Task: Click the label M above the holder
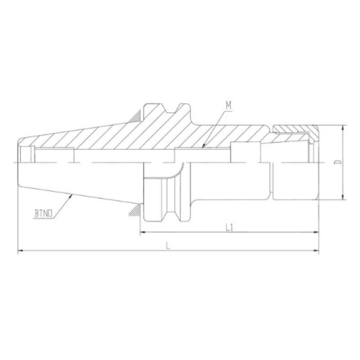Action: tap(229, 106)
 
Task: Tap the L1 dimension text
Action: tap(229, 228)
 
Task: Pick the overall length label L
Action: tap(167, 246)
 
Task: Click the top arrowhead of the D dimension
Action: tap(343, 127)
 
